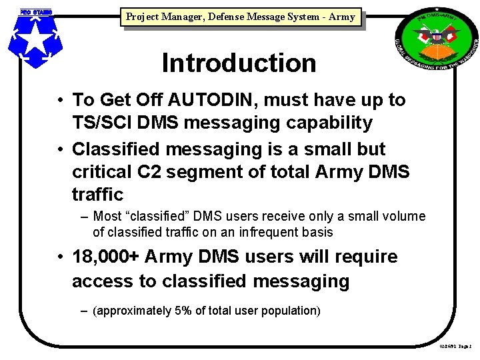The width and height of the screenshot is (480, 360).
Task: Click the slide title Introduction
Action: [239, 63]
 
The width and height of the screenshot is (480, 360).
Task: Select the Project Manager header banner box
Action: [240, 17]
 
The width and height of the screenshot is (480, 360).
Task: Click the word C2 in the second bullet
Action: [150, 171]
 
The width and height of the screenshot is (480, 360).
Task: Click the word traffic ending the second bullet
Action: [98, 195]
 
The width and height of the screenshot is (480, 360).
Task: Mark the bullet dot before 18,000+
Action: [60, 257]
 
